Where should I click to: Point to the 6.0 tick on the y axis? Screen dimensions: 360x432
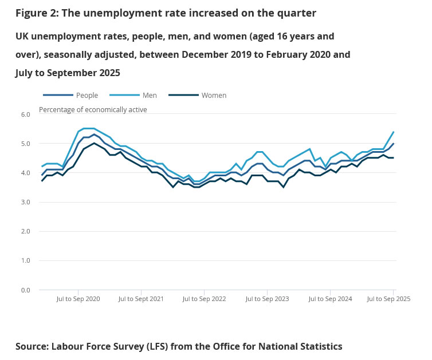[25, 114]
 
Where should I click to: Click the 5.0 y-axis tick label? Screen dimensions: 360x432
[25, 144]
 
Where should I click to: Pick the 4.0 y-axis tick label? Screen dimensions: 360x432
[25, 173]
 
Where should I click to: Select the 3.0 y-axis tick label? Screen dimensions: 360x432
[25, 202]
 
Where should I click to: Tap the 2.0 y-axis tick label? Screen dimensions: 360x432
[25, 231]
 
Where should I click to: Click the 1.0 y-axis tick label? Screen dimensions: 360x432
[25, 261]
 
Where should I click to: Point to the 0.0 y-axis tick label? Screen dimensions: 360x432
[25, 290]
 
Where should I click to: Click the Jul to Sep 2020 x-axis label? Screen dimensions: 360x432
[78, 299]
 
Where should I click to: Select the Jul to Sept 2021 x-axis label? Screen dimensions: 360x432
[141, 299]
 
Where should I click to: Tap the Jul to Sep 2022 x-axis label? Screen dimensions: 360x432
[205, 299]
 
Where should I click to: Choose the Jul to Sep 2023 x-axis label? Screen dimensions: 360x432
[267, 299]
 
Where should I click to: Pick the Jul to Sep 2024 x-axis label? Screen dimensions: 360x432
[330, 299]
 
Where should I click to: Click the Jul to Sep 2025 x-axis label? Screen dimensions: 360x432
[388, 299]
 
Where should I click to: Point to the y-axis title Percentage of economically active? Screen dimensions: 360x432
[93, 109]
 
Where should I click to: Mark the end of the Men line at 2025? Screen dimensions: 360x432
[394, 132]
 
